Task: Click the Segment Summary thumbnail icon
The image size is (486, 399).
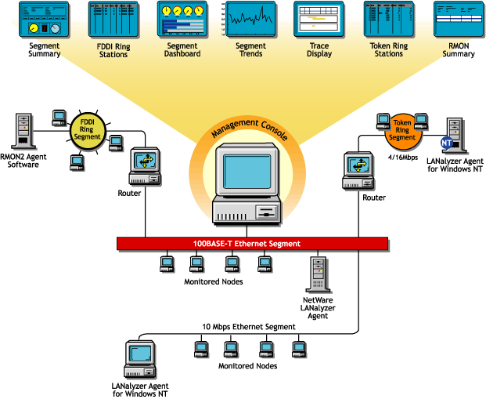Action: point(44,19)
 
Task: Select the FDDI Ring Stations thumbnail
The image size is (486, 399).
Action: point(113,20)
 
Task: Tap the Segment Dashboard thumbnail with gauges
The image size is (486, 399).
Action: point(182,19)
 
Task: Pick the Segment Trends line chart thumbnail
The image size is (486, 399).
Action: point(250,19)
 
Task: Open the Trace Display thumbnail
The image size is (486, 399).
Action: point(319,19)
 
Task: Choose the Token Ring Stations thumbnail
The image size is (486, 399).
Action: point(388,19)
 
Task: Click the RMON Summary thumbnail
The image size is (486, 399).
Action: point(459,19)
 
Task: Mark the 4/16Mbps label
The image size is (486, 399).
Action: point(401,157)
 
